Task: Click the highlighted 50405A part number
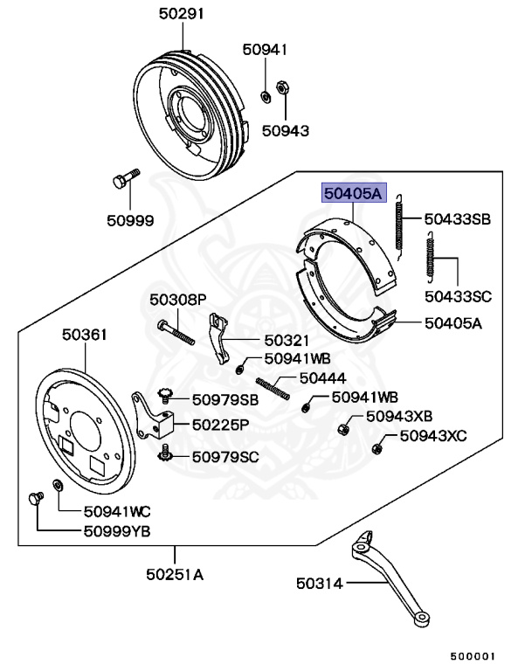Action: click(x=354, y=193)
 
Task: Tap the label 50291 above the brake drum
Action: click(x=182, y=14)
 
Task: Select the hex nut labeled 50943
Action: click(x=281, y=88)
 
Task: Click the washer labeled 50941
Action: click(x=266, y=96)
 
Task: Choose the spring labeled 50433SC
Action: click(x=430, y=257)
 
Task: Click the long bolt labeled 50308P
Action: click(x=176, y=333)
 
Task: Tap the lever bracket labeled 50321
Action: click(x=218, y=338)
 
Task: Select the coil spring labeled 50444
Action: click(x=273, y=389)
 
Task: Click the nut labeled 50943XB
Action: click(x=343, y=429)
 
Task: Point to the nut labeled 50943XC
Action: click(x=377, y=449)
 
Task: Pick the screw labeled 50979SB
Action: click(x=165, y=396)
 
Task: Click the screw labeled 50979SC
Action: click(x=165, y=453)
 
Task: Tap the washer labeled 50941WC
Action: click(x=57, y=486)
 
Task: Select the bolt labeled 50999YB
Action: click(x=36, y=499)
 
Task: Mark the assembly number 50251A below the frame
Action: click(x=175, y=574)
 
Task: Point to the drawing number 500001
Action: click(x=473, y=656)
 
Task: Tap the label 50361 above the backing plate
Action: click(x=85, y=335)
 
